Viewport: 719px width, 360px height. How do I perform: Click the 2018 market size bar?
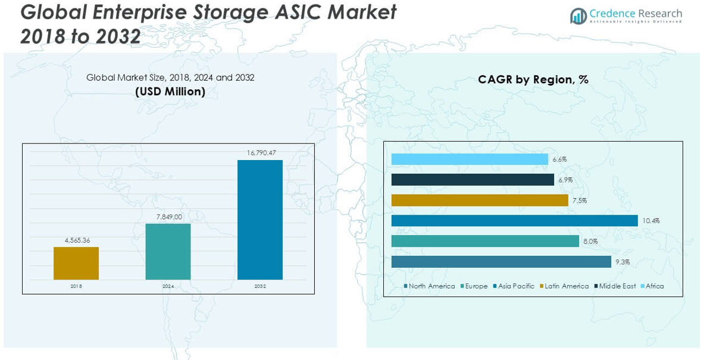[76, 263]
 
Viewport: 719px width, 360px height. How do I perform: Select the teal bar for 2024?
[168, 251]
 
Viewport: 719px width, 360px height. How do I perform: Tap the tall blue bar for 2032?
[260, 220]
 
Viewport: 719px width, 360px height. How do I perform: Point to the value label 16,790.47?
[260, 153]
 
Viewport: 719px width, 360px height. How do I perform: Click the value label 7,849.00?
[168, 217]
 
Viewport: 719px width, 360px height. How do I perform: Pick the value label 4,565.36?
[76, 240]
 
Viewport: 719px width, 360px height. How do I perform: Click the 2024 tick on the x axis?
[168, 286]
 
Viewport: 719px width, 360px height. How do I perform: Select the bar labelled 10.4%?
[514, 221]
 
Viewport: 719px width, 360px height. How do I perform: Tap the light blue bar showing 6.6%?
[470, 159]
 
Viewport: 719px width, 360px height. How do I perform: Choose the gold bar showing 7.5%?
[480, 201]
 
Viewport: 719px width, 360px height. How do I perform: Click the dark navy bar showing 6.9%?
[473, 180]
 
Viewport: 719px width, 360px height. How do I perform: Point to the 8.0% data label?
[590, 242]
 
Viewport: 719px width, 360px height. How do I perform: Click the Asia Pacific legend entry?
[514, 286]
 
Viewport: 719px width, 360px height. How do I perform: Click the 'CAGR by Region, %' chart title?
[533, 80]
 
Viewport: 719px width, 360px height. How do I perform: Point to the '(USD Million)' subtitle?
[170, 92]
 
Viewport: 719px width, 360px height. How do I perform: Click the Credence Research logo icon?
[578, 16]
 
